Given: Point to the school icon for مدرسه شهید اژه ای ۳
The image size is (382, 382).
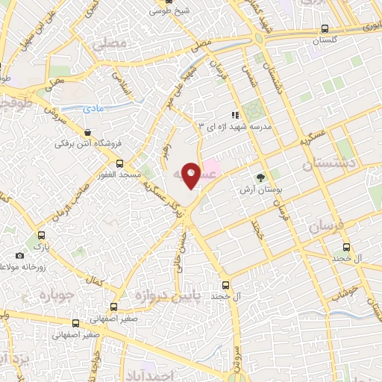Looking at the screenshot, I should pyautogui.click(x=234, y=115).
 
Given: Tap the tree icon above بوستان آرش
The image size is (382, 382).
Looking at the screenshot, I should pyautogui.click(x=260, y=178).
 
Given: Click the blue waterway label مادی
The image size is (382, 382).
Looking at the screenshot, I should pyautogui.click(x=93, y=109).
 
